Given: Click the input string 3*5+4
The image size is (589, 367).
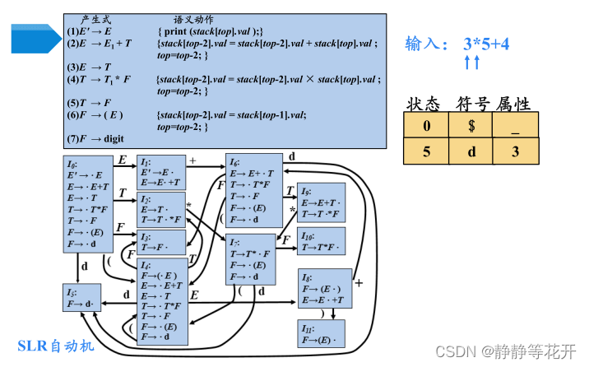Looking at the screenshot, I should point(487,44).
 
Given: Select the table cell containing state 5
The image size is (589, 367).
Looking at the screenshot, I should point(425,151).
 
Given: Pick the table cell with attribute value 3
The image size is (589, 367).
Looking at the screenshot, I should point(516,151).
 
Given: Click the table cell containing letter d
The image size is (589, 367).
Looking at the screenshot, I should point(471,151).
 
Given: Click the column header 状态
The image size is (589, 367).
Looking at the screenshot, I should point(424,103).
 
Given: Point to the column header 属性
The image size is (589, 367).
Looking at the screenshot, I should point(512,103).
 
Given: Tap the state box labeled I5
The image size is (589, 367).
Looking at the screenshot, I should point(83,298).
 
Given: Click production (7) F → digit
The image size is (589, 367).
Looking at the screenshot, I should point(96,139).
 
